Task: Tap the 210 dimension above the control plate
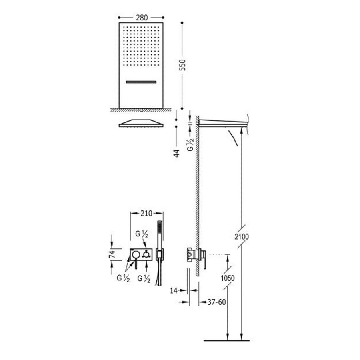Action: click(x=146, y=214)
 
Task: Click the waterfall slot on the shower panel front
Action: click(x=142, y=82)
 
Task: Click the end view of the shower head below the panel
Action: click(x=142, y=123)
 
